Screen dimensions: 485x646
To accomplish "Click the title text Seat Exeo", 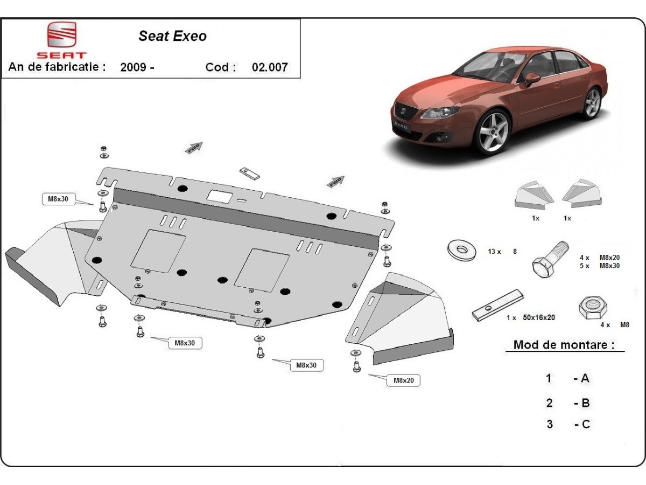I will point(172,36).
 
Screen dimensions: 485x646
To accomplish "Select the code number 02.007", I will point(270,67).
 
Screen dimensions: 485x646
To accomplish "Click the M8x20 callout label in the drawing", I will point(403,380).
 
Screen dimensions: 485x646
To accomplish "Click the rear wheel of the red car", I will point(592,103).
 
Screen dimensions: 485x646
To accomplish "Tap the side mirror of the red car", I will point(532,79).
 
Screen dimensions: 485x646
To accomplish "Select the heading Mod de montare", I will point(564,345).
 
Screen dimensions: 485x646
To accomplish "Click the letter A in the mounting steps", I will point(585,378).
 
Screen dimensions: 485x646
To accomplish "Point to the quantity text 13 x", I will point(494,252).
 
